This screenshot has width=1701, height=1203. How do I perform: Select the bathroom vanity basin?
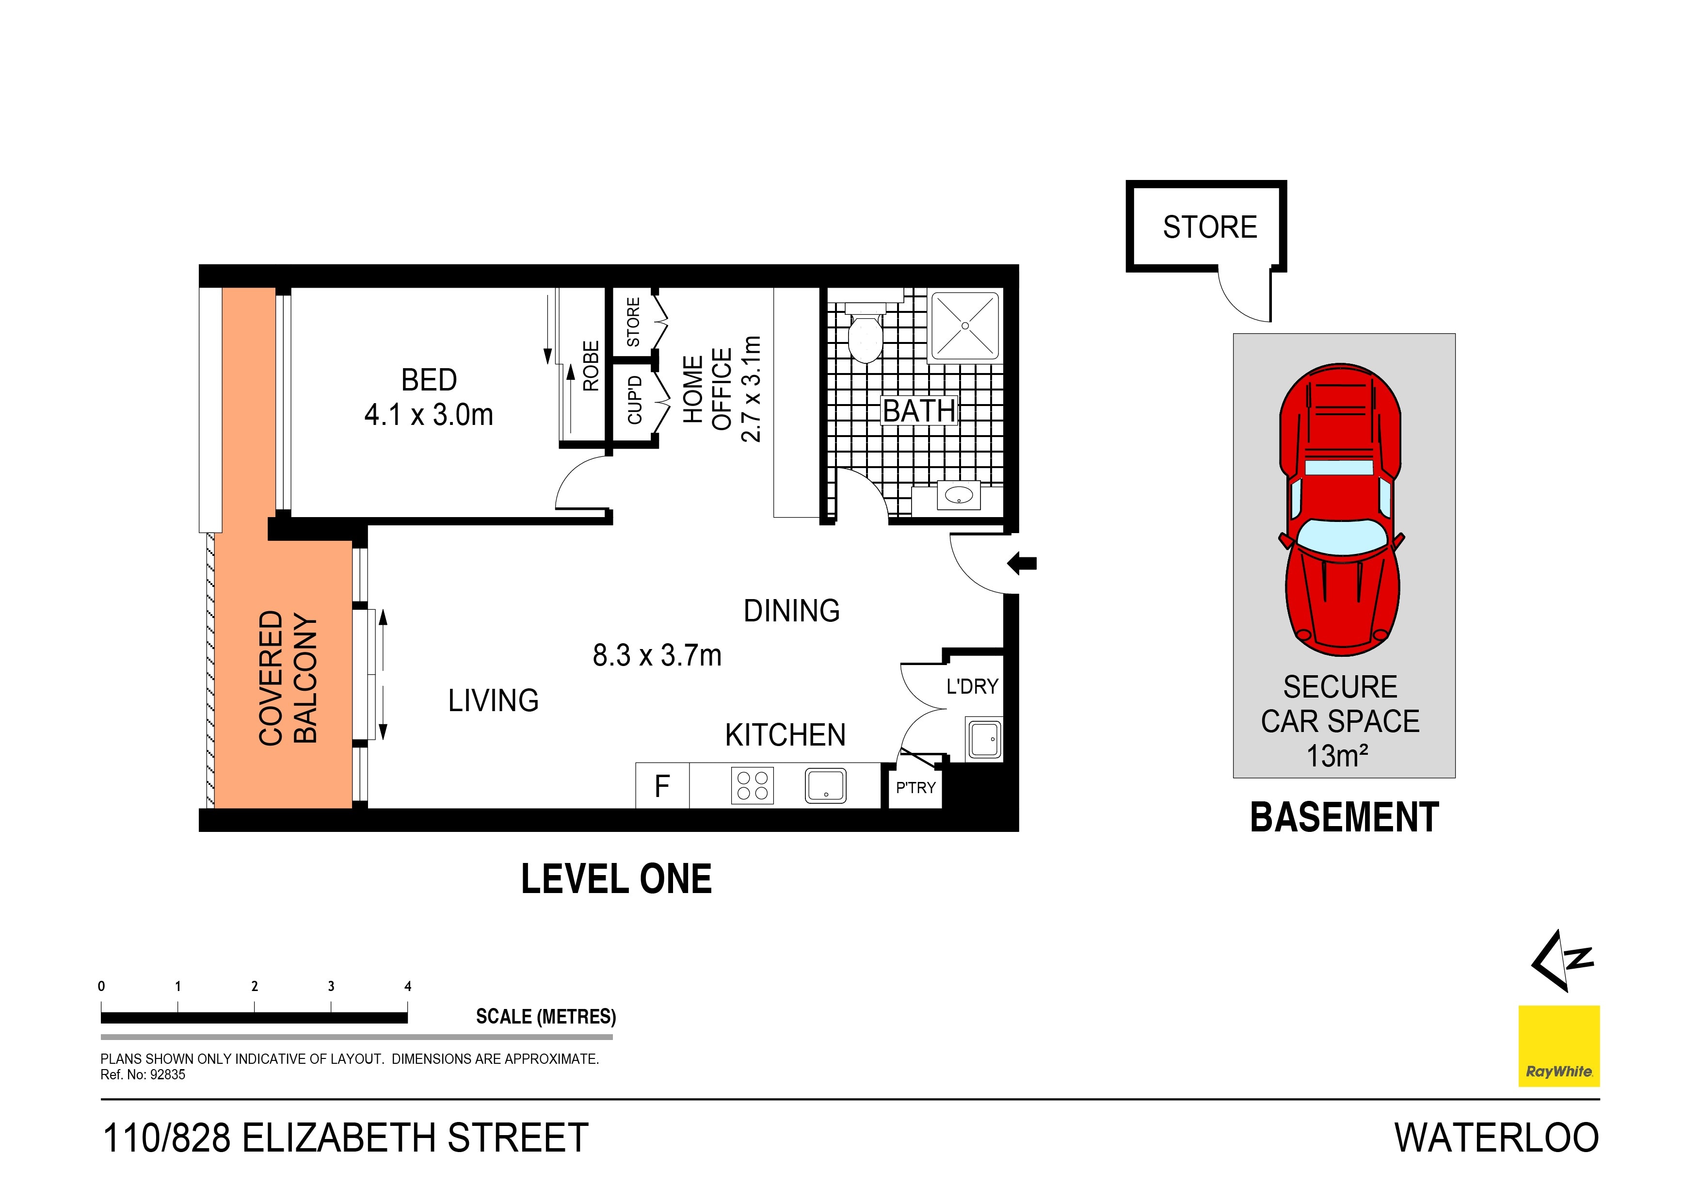(959, 494)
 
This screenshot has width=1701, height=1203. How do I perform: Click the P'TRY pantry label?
(915, 788)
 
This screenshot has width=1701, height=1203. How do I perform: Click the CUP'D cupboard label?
(634, 400)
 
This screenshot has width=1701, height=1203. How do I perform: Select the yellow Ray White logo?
(1559, 1045)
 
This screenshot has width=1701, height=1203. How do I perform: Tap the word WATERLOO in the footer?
(1496, 1138)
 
